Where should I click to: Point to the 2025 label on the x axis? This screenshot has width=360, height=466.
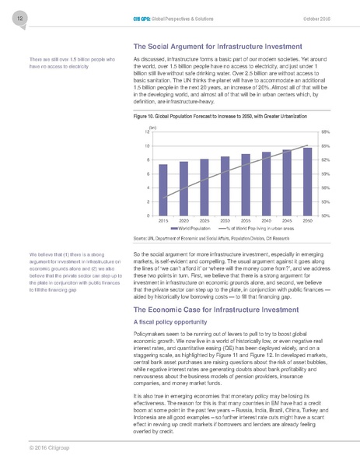coord(204,221)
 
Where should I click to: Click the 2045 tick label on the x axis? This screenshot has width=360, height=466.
coord(287,221)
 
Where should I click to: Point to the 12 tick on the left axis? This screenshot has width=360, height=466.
coord(147,132)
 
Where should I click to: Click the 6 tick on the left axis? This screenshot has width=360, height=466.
coord(148,173)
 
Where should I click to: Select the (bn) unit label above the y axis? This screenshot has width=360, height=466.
coord(152,126)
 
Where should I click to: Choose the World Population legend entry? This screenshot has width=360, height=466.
coord(190,229)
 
